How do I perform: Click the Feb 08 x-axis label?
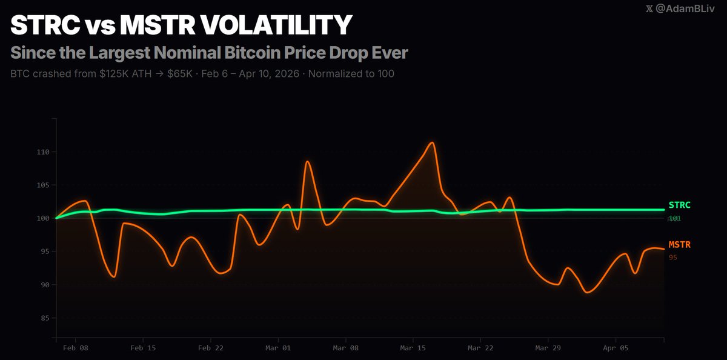76,348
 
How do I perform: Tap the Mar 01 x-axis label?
279,348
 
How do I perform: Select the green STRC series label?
679,205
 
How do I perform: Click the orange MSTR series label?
679,245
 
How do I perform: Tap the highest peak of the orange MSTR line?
432,143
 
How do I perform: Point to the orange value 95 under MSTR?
673,258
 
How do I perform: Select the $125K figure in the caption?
115,75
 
